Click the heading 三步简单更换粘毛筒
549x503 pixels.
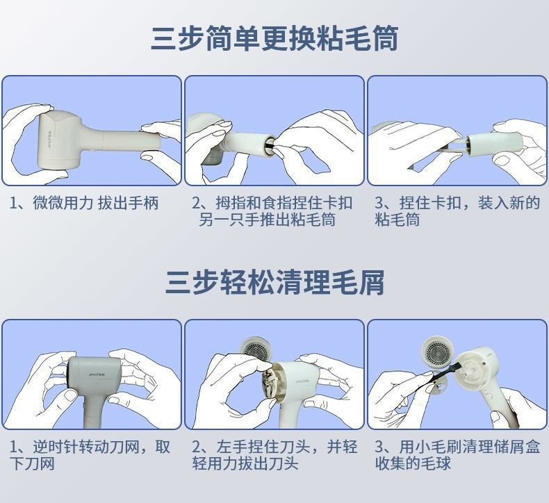click(x=274, y=38)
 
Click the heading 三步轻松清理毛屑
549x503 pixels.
click(x=274, y=282)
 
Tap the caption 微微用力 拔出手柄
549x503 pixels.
click(x=84, y=203)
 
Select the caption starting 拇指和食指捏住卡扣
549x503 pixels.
click(x=272, y=211)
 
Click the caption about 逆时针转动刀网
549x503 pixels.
click(x=90, y=455)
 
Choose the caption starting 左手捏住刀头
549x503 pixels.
click(x=274, y=455)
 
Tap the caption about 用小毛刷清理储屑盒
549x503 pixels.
click(x=457, y=455)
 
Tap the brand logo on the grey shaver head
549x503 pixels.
click(x=96, y=374)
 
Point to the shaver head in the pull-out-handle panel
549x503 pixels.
click(x=60, y=140)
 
